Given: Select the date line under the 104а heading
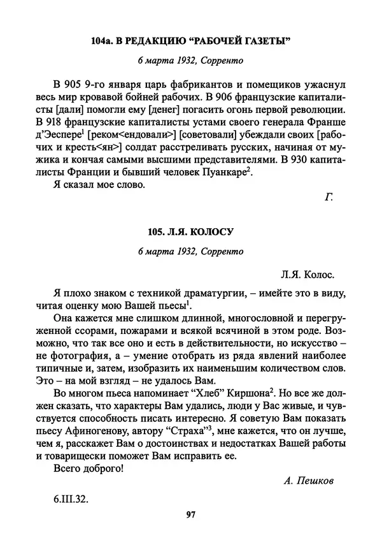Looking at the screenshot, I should tap(190, 62).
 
